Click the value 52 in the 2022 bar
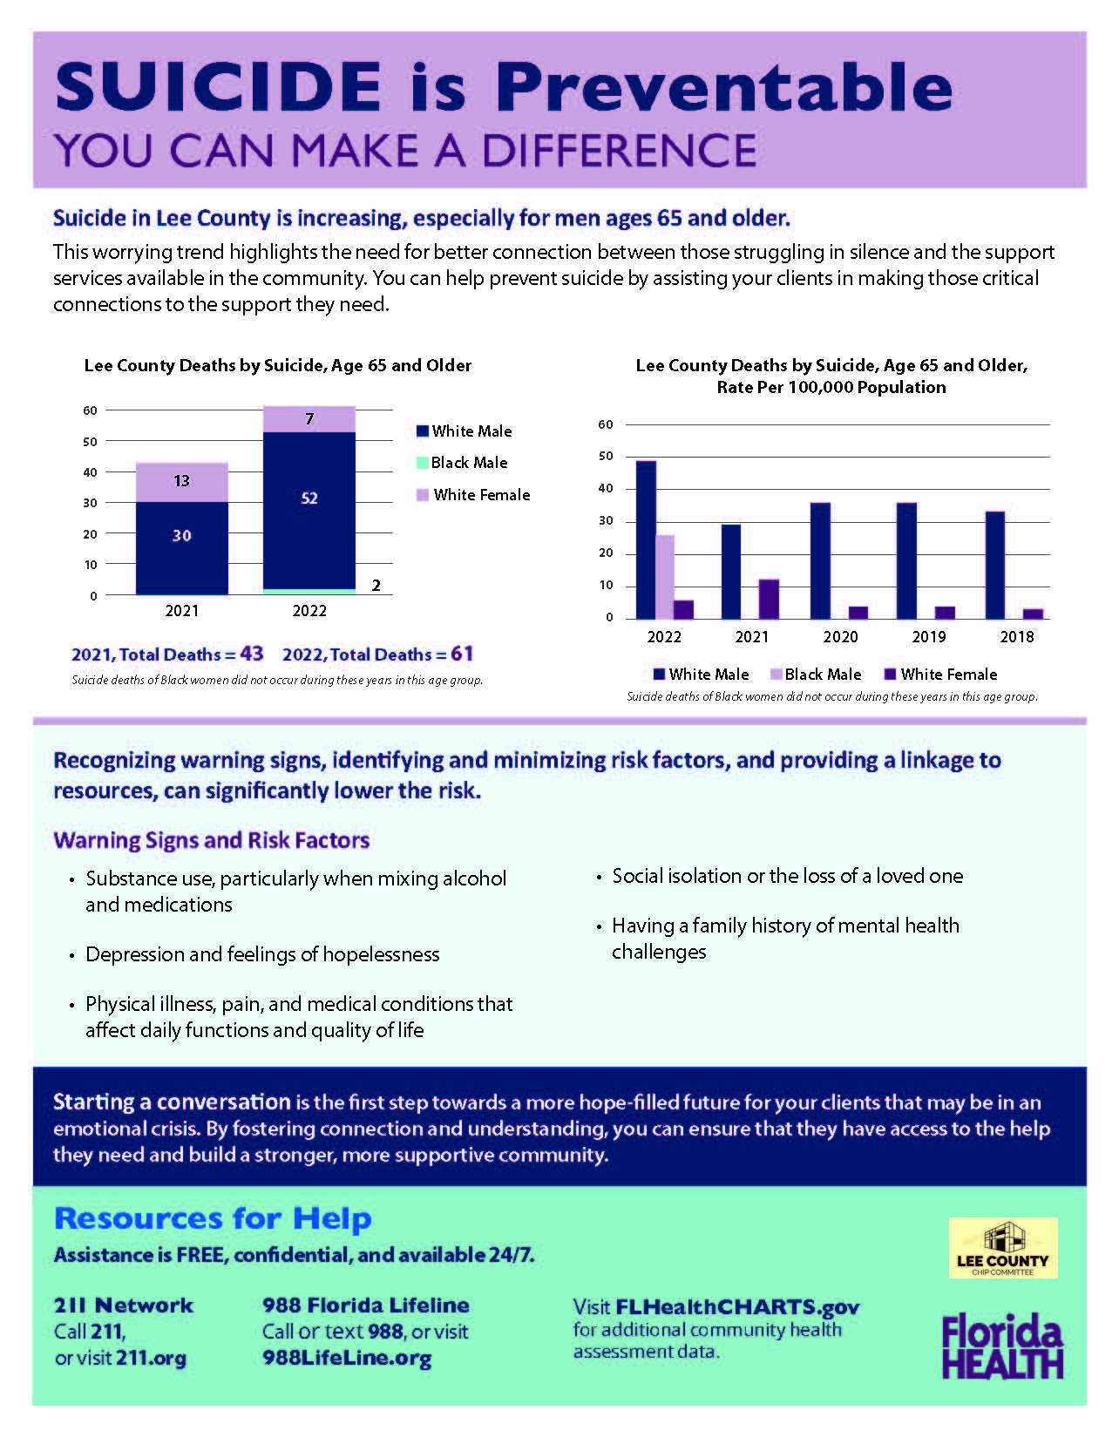point(309,499)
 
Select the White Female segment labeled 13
point(181,481)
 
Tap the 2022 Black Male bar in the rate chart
point(665,576)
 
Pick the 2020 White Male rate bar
point(820,560)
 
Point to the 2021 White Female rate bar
point(769,599)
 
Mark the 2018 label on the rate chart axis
point(1017,637)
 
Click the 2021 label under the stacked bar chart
point(181,611)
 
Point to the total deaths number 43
point(251,654)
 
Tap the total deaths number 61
point(462,654)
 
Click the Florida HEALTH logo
point(1002,1346)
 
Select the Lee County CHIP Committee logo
point(1003,1248)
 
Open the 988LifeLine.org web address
point(347,1359)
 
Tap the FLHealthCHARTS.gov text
point(737,1307)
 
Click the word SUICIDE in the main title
point(218,87)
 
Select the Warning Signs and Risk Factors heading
point(212,840)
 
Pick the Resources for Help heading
point(213,1218)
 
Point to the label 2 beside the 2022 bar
point(376,586)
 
